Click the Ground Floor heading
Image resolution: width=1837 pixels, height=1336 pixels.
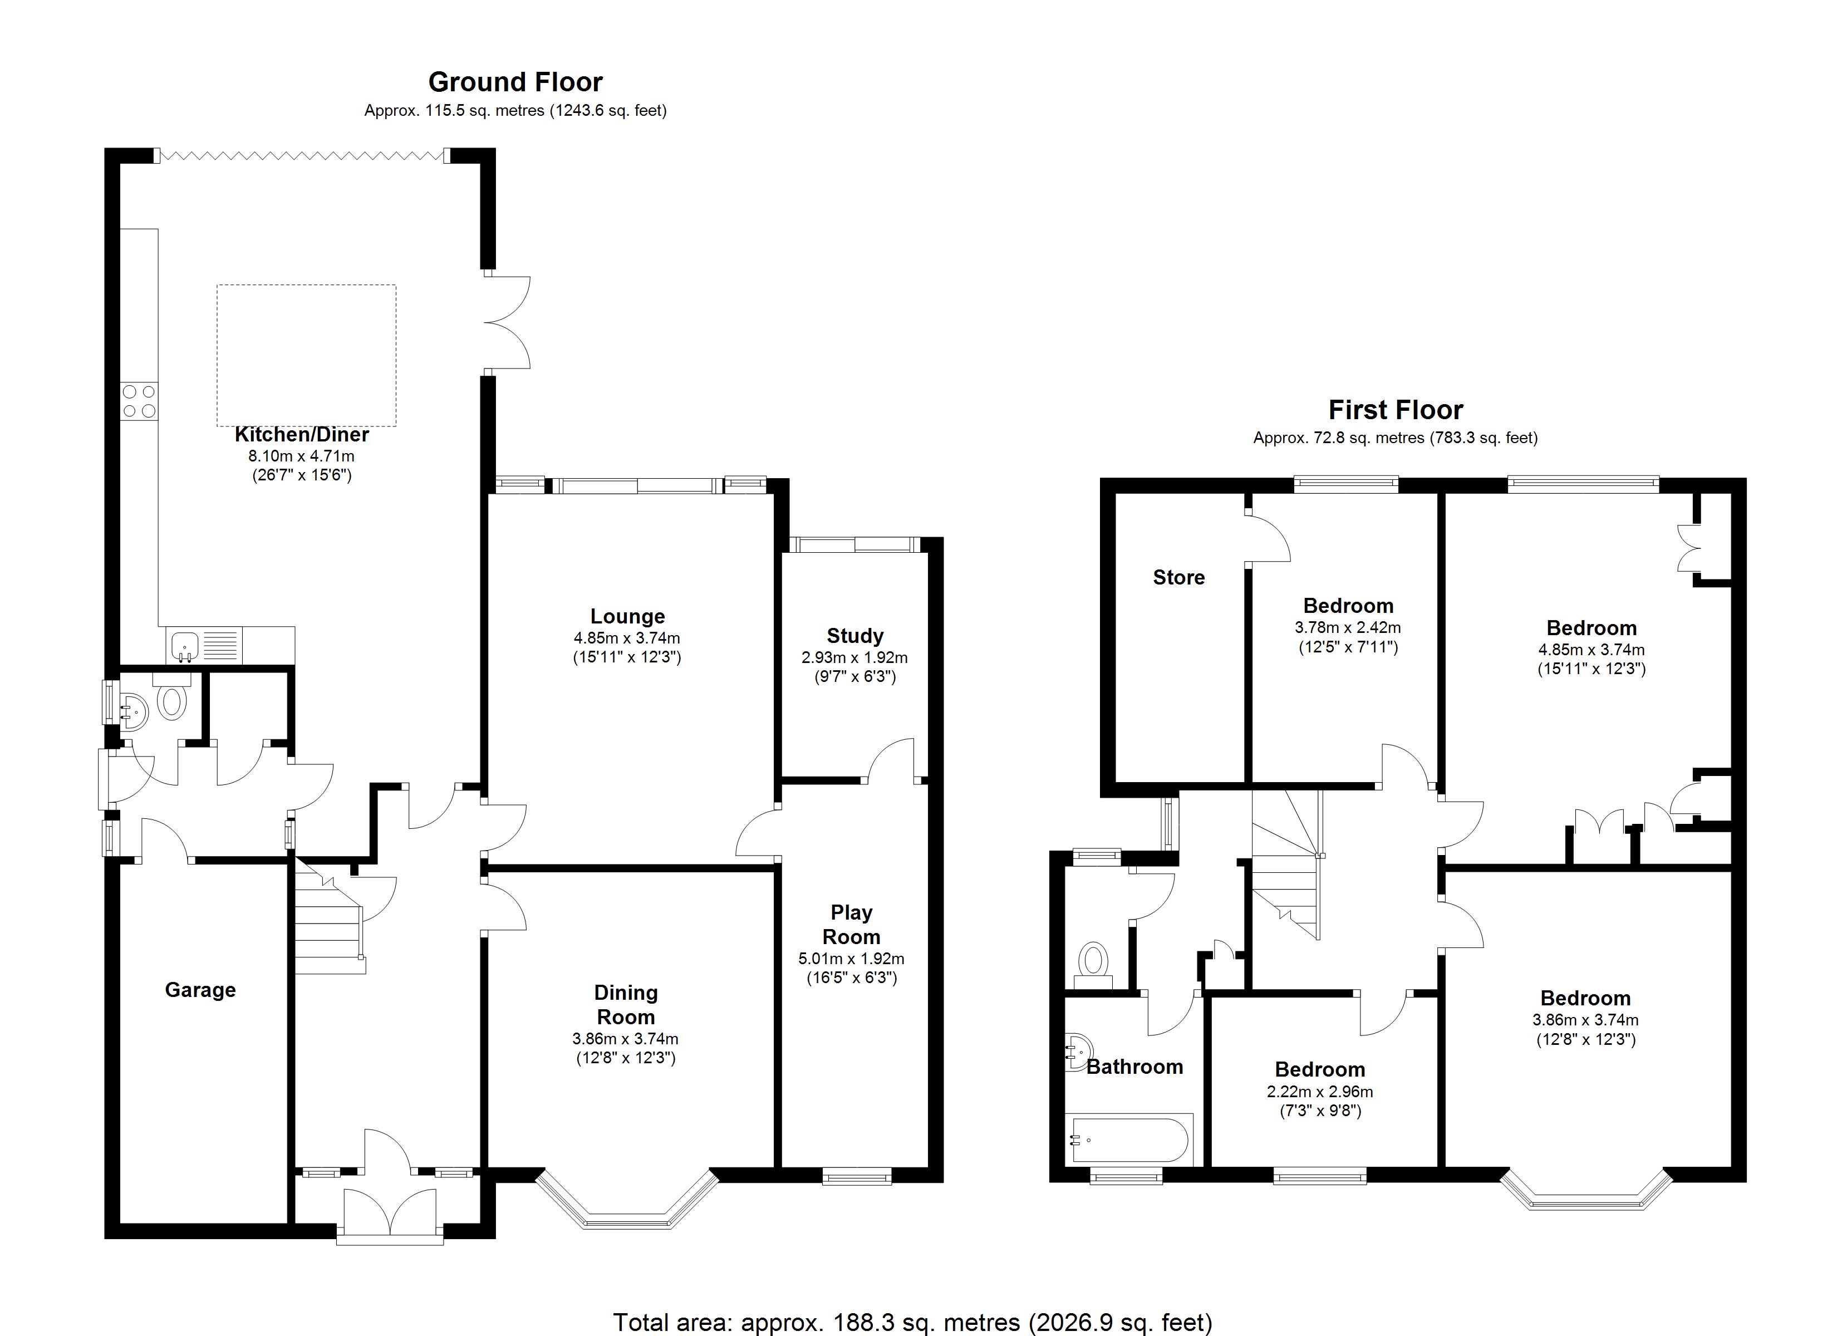tap(515, 82)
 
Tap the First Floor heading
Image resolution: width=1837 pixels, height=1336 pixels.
tap(1395, 410)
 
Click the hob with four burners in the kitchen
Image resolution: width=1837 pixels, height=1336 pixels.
tap(139, 401)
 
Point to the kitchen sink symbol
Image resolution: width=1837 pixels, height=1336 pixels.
tap(185, 646)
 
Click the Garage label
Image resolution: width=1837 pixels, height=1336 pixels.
tap(200, 990)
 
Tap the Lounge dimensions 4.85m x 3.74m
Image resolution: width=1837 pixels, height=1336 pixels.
tap(627, 638)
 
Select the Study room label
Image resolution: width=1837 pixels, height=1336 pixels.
tap(854, 636)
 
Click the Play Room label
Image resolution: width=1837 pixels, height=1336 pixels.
tap(851, 925)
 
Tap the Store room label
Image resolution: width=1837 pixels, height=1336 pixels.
tap(1178, 578)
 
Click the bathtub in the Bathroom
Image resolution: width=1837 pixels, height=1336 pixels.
tap(1131, 1140)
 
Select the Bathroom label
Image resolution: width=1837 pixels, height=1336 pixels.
tap(1134, 1067)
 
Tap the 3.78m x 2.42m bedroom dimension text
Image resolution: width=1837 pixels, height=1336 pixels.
tap(1348, 628)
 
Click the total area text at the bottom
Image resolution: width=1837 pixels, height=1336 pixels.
tap(912, 1322)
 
